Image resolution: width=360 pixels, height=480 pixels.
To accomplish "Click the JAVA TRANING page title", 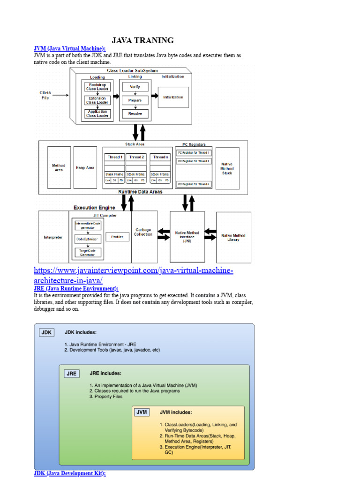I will click(142, 40).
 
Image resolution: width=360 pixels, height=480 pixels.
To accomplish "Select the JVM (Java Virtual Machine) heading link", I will click(70, 49).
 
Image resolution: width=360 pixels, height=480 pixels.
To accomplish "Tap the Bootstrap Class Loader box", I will click(97, 87).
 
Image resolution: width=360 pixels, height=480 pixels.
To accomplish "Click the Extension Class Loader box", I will click(97, 100).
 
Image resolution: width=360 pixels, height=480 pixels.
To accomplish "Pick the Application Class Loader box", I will click(97, 113).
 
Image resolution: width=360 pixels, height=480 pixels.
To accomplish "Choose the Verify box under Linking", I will click(135, 87).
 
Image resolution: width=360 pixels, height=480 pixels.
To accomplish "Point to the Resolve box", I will click(135, 113).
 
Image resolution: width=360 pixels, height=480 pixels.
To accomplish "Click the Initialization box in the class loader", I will click(173, 97).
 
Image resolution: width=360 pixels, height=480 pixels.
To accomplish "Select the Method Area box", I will click(59, 167).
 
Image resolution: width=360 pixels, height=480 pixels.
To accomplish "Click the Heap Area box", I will click(85, 167).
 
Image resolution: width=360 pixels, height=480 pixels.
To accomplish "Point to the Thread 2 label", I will click(136, 157).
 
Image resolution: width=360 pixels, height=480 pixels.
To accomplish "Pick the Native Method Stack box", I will click(227, 168).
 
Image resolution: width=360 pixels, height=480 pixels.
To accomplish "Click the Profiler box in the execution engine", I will click(117, 237).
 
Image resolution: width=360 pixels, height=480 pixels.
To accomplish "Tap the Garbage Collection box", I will click(143, 232).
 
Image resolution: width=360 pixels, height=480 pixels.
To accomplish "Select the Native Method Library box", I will click(233, 237).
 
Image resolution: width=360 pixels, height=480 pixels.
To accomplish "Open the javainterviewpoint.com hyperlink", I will click(134, 275).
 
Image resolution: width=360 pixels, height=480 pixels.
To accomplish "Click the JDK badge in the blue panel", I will click(46, 332).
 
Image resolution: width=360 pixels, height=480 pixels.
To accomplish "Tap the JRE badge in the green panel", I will click(72, 374).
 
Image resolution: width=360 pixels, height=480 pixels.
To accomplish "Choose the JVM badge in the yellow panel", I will click(141, 412).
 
